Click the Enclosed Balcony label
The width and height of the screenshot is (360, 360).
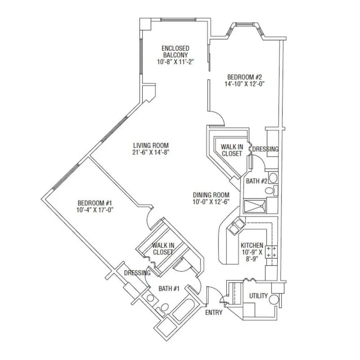coord(175,52)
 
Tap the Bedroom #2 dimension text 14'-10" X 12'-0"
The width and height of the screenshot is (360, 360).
coord(244,84)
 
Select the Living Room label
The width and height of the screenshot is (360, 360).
coord(151,145)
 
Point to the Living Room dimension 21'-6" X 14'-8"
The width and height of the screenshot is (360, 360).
coord(151,153)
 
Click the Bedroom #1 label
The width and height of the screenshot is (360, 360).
coord(94,203)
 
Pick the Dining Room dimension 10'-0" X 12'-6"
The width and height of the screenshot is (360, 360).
coord(211,202)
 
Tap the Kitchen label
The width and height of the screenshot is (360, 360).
coord(252,245)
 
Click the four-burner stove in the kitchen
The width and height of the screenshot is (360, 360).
coord(271,252)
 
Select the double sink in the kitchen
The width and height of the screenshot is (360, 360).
coord(236,226)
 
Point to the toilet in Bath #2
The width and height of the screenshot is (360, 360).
coord(271,190)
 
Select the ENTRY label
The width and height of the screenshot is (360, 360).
coord(214,312)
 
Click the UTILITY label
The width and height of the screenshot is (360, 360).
coord(258,296)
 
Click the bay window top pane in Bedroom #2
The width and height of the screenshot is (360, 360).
coord(244,24)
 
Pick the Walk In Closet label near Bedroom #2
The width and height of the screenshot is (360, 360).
coord(232,150)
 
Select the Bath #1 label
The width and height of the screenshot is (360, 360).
coord(169,288)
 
